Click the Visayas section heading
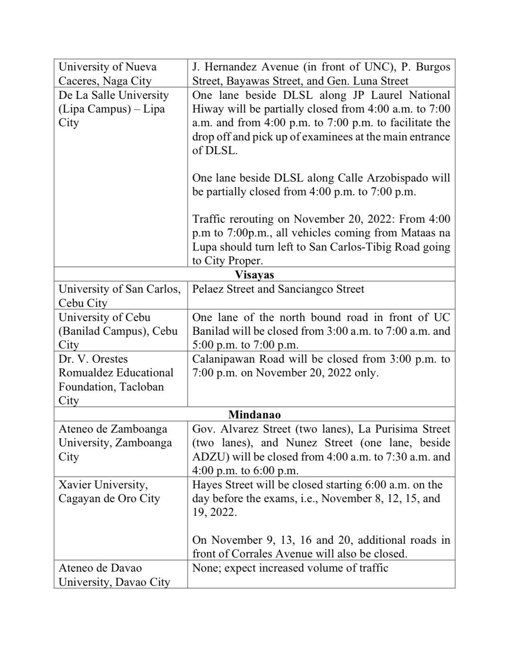click(x=254, y=275)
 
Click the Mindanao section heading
click(x=254, y=415)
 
